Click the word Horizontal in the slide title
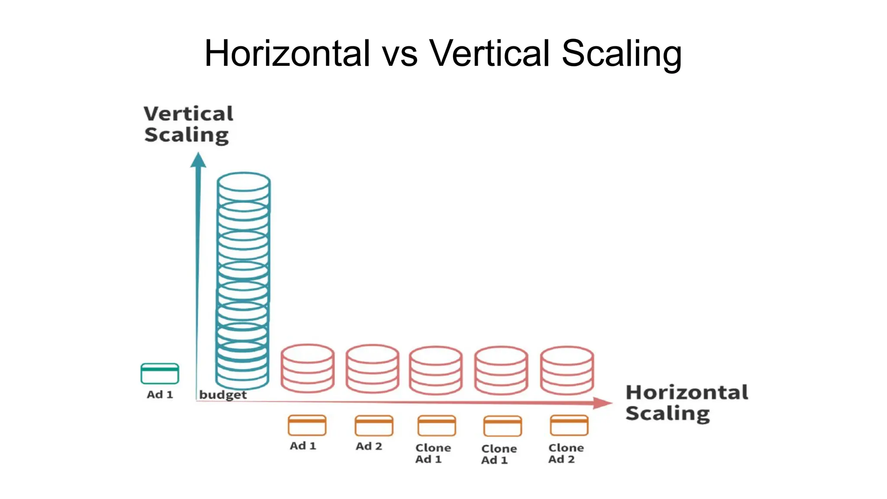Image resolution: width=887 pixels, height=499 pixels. pos(287,54)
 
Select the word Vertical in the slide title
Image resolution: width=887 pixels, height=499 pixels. pos(489,54)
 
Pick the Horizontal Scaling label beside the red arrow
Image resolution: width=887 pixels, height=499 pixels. pos(686,403)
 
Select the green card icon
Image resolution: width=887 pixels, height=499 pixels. pos(160,373)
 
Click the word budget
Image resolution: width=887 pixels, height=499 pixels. pos(223,395)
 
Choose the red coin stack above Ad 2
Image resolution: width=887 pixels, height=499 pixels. pos(372,368)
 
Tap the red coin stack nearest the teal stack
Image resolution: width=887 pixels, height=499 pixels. pos(308,368)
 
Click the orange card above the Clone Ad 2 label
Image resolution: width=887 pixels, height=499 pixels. pos(569,425)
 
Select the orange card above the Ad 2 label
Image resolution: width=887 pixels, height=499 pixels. pos(374,425)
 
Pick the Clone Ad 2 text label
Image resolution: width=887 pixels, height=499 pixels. pos(566,453)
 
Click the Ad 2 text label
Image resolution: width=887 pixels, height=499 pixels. pos(369,446)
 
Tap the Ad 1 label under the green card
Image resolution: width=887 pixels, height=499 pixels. pos(160,395)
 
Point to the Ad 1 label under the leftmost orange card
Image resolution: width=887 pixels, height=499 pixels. pos(303,446)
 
